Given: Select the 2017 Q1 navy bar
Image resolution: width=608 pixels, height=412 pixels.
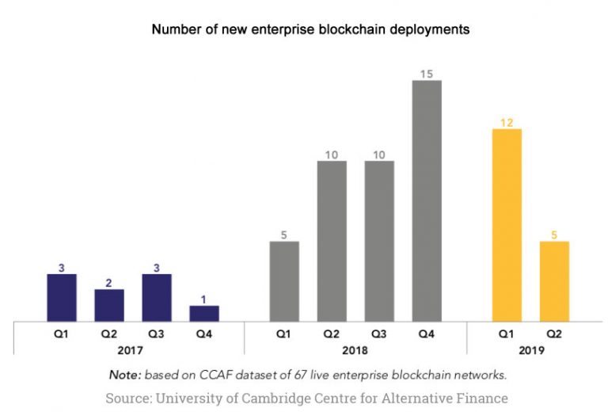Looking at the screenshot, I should (62, 297).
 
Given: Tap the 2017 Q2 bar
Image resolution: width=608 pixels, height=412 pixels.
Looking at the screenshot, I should (109, 305).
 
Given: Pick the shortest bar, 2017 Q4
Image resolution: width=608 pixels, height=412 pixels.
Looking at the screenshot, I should (204, 313).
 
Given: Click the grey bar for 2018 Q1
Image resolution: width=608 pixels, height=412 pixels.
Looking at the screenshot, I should (284, 280).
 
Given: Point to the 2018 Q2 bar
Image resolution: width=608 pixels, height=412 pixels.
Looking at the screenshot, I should (332, 241).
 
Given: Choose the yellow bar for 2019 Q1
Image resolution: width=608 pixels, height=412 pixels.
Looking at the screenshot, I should (507, 225).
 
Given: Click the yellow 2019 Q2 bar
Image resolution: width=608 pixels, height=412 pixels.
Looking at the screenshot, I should (554, 280).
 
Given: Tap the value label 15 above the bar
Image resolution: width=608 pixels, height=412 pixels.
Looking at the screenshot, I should (426, 74).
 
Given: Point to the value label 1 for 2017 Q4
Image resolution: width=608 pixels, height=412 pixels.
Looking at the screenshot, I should (204, 299).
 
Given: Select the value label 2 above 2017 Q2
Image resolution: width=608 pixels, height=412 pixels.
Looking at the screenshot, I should (109, 283).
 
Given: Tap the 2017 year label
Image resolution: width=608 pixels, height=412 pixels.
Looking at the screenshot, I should (133, 349).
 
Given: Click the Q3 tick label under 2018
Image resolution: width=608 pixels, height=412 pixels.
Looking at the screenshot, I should (379, 334).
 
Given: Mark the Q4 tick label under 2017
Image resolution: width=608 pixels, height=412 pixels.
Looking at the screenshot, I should (204, 334).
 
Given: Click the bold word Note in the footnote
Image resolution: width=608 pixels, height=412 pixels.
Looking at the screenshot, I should (123, 374).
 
